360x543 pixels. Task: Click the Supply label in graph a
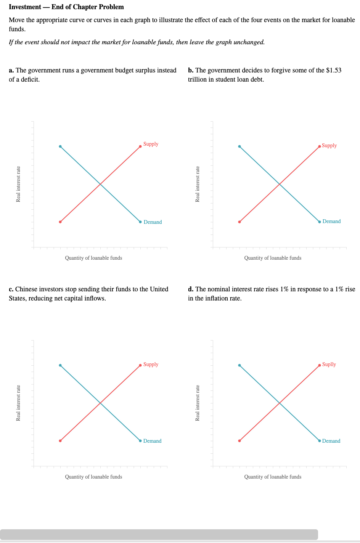[x=151, y=144]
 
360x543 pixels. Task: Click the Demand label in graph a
[x=153, y=222]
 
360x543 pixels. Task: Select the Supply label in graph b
[x=329, y=146]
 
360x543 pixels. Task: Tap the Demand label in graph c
[x=152, y=441]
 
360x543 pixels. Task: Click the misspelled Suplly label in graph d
[x=329, y=365]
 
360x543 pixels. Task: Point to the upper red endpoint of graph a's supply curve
[x=140, y=146]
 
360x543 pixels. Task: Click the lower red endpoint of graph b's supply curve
[x=239, y=222]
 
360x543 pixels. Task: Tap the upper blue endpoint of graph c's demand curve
[x=60, y=365]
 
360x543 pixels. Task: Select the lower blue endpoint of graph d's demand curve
[x=320, y=441]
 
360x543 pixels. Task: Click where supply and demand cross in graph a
[x=100, y=184]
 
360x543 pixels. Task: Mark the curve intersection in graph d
[x=280, y=403]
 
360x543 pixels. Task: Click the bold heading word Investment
[x=25, y=7]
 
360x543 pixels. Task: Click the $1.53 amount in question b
[x=334, y=71]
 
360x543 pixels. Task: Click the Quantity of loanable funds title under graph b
[x=273, y=258]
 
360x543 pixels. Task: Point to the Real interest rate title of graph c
[x=18, y=403]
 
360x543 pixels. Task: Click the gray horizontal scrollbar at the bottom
[x=159, y=534]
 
